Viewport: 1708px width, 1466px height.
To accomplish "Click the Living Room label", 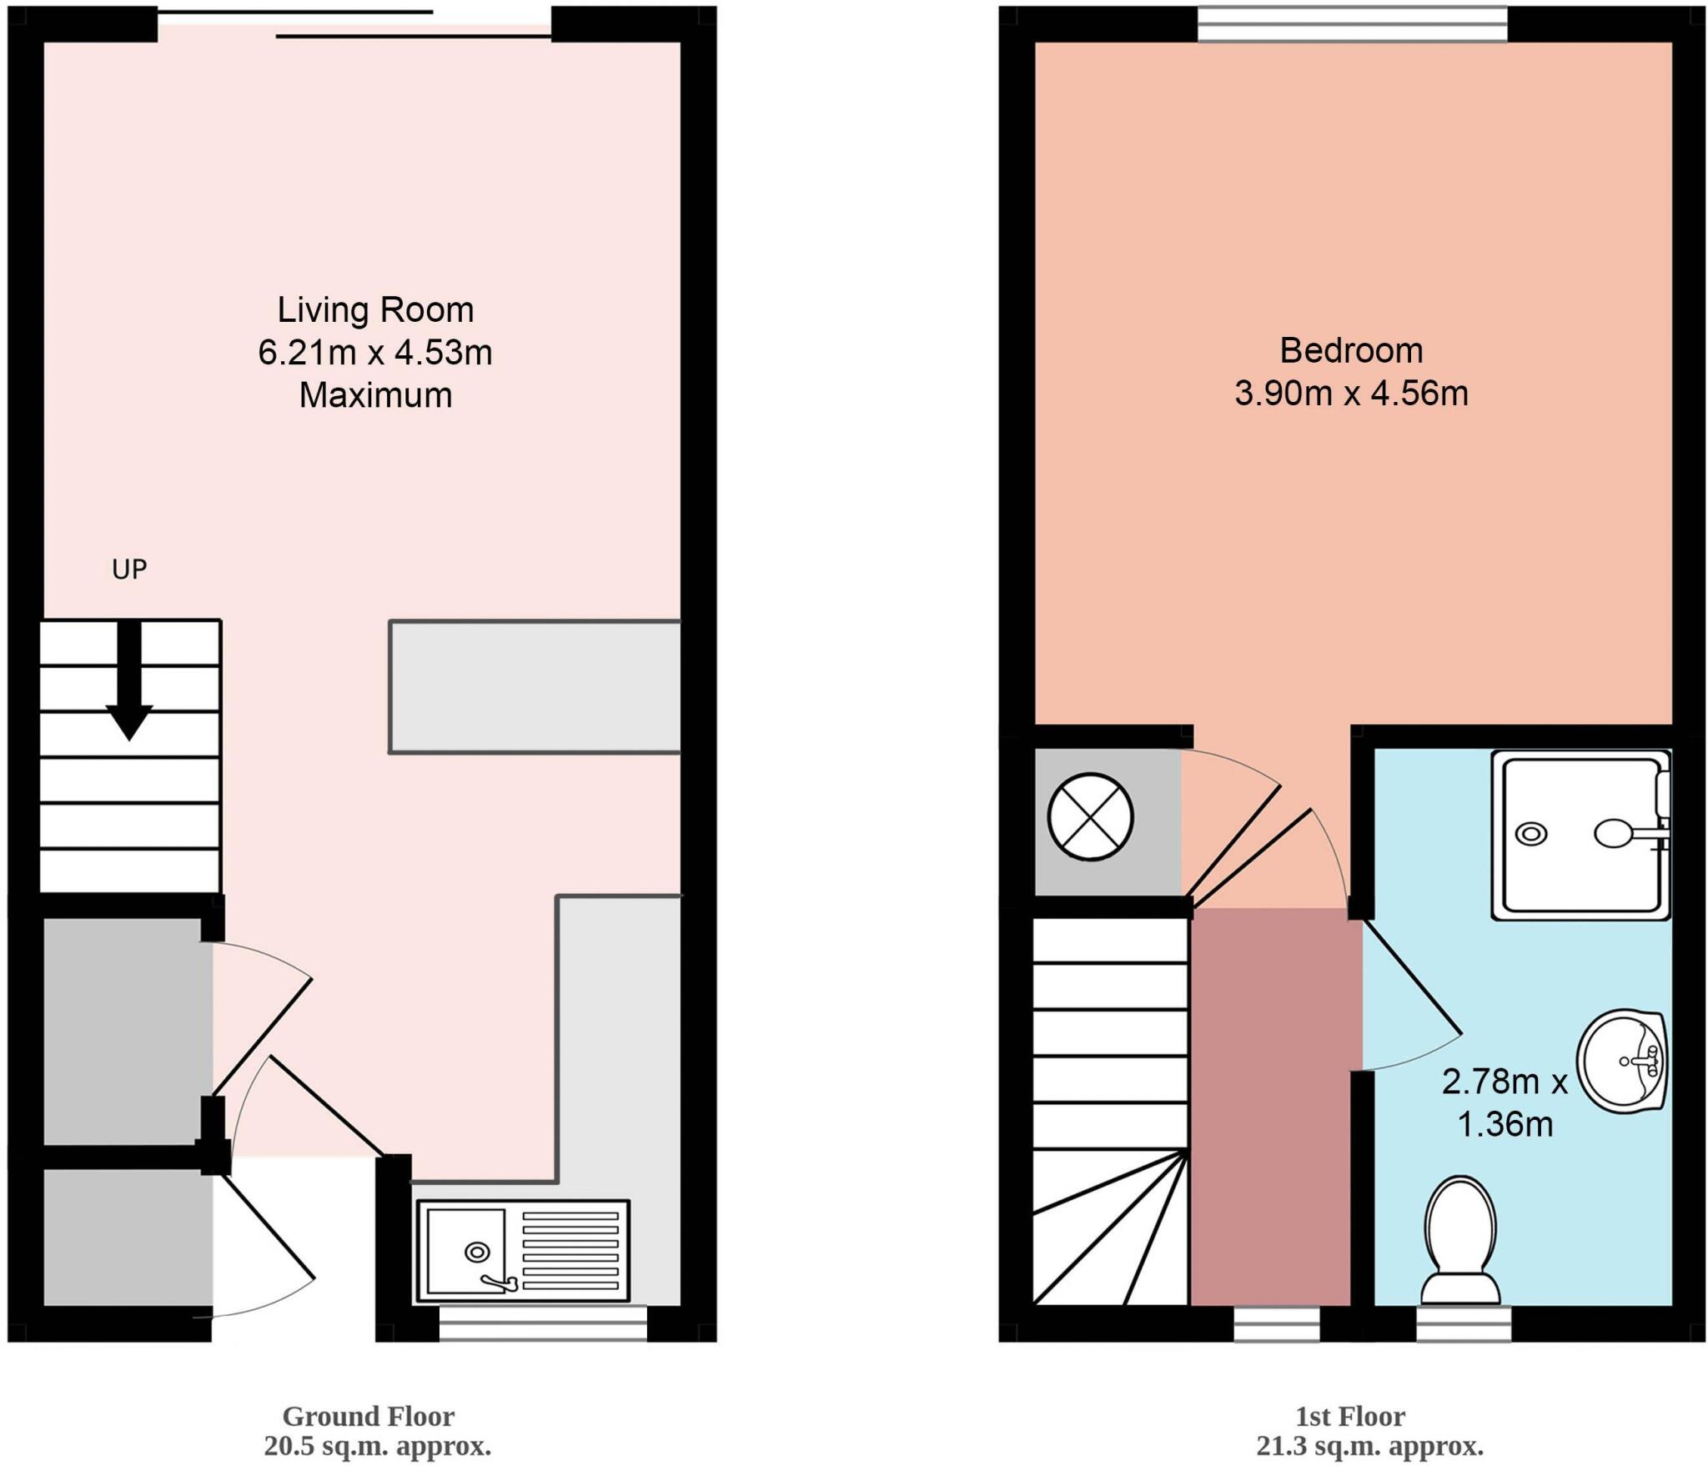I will click(375, 310).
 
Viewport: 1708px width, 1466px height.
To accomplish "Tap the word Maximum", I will click(375, 395).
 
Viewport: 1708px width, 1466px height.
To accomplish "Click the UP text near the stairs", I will click(129, 570).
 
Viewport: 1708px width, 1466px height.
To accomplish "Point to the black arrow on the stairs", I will click(129, 684).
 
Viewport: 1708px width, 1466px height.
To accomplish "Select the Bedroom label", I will click(1351, 350).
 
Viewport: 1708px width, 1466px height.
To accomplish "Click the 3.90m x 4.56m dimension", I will click(1351, 394).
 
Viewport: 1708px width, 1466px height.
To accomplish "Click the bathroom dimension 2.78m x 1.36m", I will click(1505, 1103).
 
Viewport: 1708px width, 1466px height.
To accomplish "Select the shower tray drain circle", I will click(1530, 833).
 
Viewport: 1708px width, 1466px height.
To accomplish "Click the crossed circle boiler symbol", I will click(1091, 816).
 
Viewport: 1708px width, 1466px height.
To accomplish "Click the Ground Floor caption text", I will click(369, 1416).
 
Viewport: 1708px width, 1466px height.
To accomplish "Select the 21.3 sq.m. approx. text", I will click(1369, 1445).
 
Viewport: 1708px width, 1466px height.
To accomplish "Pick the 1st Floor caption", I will click(1350, 1416).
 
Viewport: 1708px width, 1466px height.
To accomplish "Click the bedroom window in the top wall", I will click(1352, 23).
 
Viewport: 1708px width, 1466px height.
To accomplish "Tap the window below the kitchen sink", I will click(543, 1324).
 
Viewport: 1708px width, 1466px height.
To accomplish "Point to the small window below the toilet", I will click(1463, 1324).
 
